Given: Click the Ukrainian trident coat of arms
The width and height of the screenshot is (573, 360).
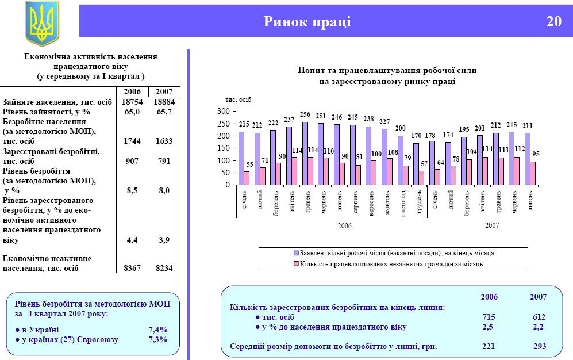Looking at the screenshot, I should point(42,24).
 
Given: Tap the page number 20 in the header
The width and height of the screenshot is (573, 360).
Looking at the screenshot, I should point(553,22).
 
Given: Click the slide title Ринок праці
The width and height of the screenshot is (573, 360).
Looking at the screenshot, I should point(307,22).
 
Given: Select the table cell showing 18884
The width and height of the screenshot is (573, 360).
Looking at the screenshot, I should point(164,101).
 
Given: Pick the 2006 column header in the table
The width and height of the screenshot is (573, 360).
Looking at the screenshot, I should point(132,91).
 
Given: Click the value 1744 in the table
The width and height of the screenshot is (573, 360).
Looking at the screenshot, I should point(133,141).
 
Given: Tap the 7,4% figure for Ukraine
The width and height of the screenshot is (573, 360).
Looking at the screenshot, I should point(157,330).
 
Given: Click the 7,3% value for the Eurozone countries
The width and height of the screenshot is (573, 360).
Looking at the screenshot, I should point(157,340).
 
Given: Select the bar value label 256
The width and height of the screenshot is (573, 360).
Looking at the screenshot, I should point(305,116).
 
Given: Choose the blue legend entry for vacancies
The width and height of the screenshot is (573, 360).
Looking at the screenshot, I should point(394,253).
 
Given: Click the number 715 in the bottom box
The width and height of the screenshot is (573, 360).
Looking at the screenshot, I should point(489,317).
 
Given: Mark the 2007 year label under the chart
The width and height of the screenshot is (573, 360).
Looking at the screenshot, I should point(492,225).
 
